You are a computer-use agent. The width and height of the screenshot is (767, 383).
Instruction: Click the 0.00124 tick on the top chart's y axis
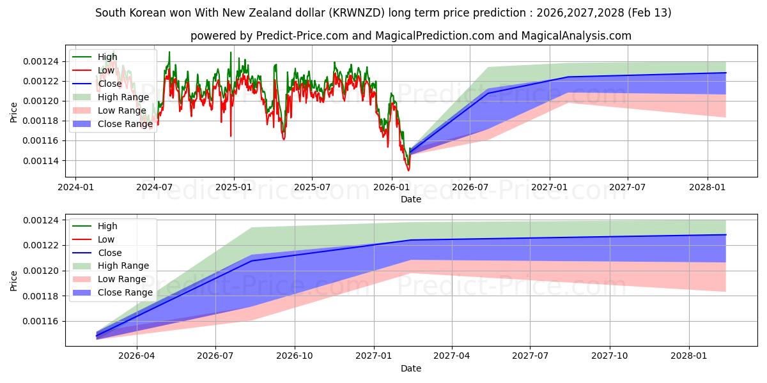[41, 61]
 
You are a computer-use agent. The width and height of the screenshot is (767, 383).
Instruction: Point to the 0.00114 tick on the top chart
[41, 160]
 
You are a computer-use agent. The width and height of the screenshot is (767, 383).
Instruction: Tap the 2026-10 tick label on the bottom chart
[295, 355]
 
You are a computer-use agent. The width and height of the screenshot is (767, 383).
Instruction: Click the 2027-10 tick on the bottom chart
[610, 355]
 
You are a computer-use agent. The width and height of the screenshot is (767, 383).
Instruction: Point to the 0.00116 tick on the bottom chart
[41, 321]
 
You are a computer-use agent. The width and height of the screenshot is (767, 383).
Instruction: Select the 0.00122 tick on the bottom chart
[41, 245]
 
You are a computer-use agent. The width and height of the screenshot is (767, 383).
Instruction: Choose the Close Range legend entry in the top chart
[125, 124]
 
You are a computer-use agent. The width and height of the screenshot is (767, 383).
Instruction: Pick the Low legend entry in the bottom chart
[106, 239]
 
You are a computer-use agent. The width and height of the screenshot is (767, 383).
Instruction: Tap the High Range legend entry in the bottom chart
[123, 266]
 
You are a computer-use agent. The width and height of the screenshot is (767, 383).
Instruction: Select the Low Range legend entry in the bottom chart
[122, 279]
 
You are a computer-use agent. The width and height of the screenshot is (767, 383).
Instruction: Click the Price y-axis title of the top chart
[13, 112]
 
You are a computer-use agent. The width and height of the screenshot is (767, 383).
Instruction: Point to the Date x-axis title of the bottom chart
[411, 368]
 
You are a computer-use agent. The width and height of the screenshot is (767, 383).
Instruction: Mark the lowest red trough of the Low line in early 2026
[408, 170]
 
